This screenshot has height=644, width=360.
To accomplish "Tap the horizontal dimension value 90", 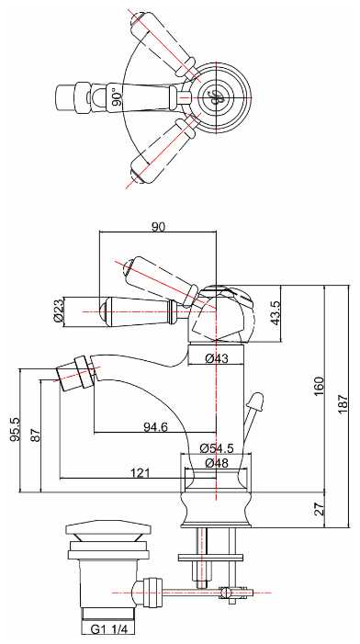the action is coord(158,226).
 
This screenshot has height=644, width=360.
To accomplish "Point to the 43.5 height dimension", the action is coord(275,313).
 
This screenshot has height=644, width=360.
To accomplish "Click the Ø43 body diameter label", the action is coord(217,358).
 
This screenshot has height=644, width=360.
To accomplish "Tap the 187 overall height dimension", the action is coord(343,403).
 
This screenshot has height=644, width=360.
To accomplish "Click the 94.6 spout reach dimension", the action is coord(155,427).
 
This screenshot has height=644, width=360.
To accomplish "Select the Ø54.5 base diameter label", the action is coord(217,448).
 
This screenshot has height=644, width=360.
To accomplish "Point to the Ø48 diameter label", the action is coord(217,463).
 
